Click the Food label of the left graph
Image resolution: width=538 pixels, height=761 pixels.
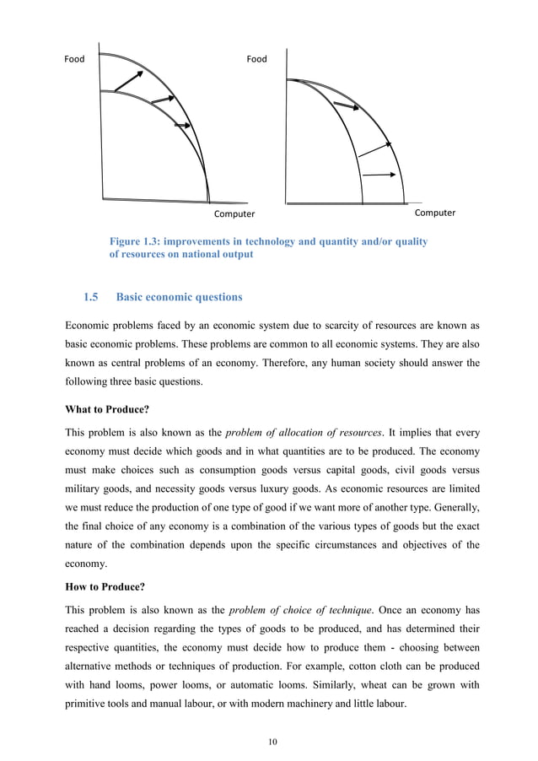point(75,59)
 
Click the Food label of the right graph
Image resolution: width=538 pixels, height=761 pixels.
point(256,59)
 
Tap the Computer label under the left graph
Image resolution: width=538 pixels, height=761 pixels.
point(234,214)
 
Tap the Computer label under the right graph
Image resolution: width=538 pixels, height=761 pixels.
point(434,213)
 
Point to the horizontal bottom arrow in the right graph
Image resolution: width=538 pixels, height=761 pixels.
point(379,175)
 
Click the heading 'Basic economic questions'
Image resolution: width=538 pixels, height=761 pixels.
point(179,297)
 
